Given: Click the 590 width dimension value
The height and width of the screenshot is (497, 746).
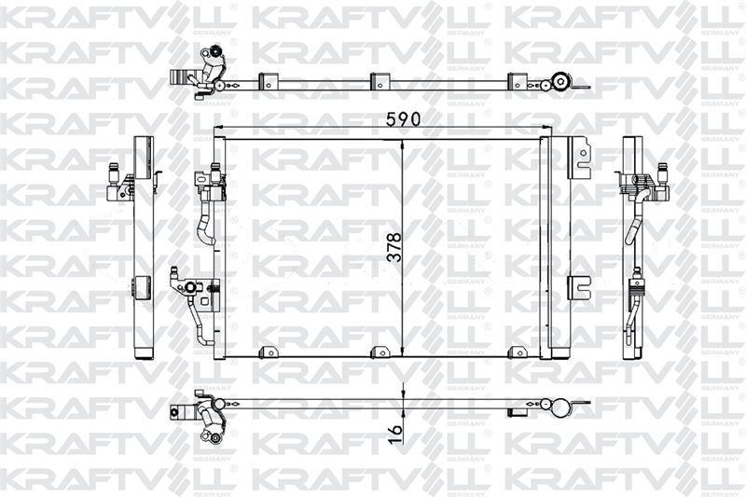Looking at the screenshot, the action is point(403,119).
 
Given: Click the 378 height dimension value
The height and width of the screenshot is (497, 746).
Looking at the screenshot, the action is point(394,247).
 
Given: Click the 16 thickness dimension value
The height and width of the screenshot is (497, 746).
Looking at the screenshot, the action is point(394,435).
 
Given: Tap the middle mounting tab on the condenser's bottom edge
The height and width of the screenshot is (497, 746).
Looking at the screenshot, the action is point(380,352).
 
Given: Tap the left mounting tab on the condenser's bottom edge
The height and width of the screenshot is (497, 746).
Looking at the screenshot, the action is point(268,352).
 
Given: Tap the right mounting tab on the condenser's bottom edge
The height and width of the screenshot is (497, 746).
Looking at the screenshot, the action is point(518,352).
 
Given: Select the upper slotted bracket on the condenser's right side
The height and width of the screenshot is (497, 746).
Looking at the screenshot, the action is point(579,158).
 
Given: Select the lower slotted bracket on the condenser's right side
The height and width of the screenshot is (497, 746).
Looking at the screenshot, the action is point(579,288).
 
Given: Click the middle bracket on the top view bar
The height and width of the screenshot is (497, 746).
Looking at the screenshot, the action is point(380,81).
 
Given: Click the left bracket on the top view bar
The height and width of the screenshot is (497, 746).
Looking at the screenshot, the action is point(268,81).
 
